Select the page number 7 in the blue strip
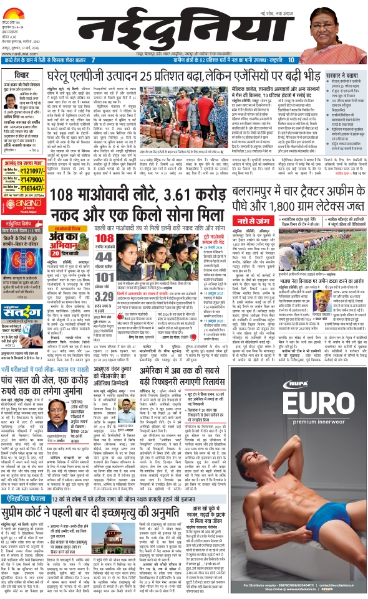(93, 60)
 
